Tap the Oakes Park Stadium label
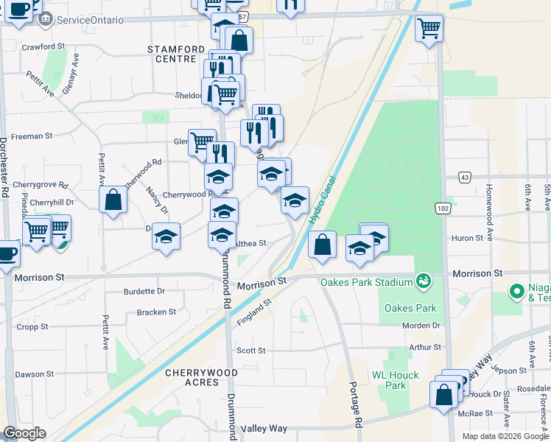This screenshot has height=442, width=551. (x=366, y=282)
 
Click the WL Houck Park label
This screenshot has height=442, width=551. (x=395, y=380)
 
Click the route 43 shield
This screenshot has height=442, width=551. (x=464, y=177)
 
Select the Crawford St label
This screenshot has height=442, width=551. (x=43, y=46)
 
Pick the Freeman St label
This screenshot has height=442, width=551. (x=32, y=136)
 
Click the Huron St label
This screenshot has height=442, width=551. (x=467, y=238)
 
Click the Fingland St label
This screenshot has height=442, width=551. (x=255, y=311)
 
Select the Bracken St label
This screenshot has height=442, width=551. (x=156, y=312)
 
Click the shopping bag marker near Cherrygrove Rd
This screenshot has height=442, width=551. (x=113, y=200)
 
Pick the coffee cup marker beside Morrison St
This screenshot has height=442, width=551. (x=7, y=253)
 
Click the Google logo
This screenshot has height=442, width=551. (x=24, y=433)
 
